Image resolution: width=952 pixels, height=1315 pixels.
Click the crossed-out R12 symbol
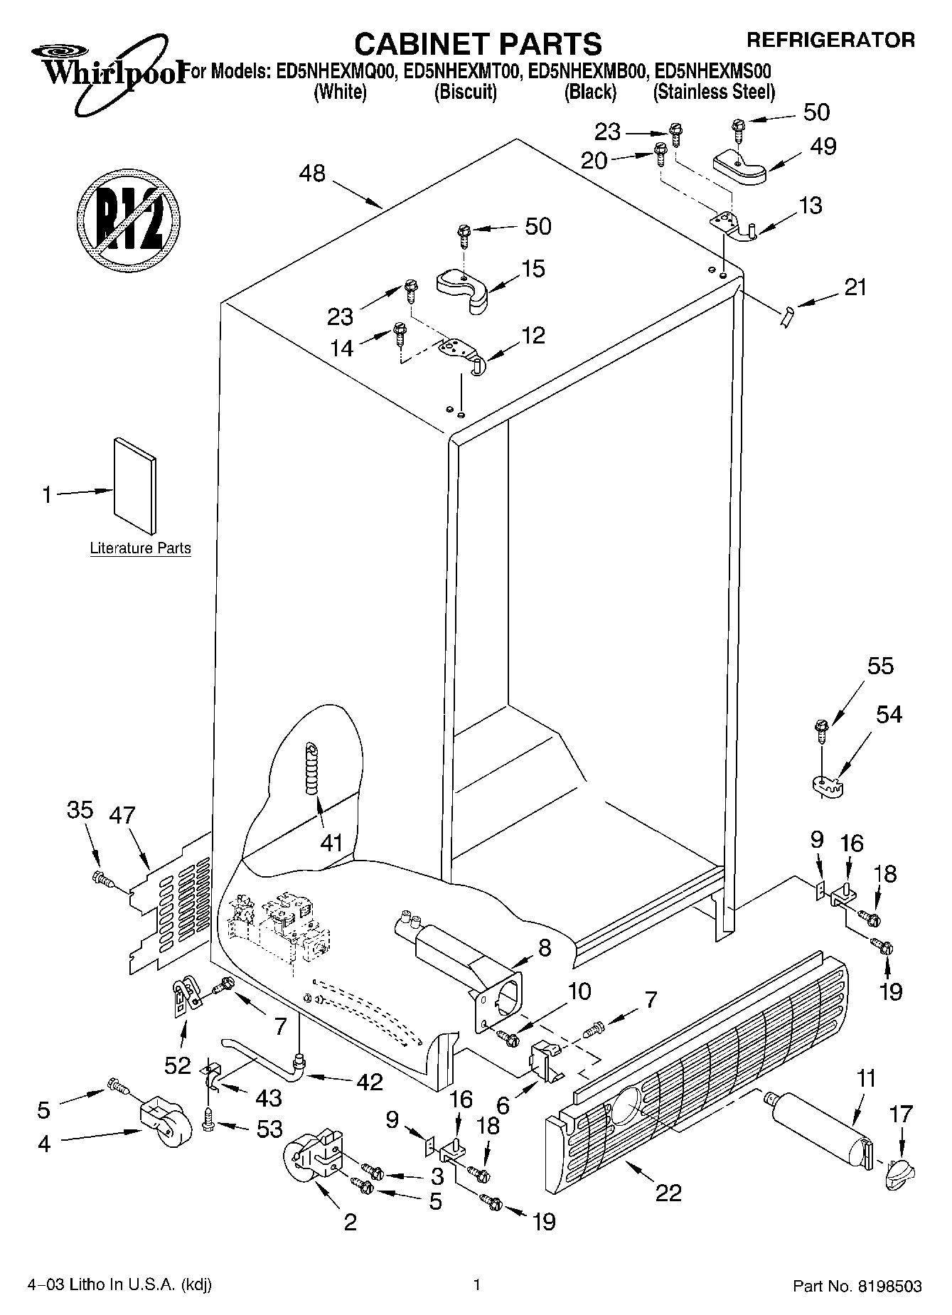[x=127, y=219]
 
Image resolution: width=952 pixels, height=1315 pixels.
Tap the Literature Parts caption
[x=140, y=548]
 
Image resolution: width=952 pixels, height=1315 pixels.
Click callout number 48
[x=312, y=173]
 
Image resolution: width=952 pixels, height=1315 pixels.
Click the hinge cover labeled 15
[x=462, y=288]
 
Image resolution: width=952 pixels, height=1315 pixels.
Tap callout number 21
[x=855, y=287]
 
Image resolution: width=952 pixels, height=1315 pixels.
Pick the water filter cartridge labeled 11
[x=821, y=1124]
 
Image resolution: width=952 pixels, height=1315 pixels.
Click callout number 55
[x=880, y=666]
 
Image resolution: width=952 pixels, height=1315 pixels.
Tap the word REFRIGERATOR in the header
[x=830, y=40]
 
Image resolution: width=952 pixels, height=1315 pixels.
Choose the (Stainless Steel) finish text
[x=713, y=92]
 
